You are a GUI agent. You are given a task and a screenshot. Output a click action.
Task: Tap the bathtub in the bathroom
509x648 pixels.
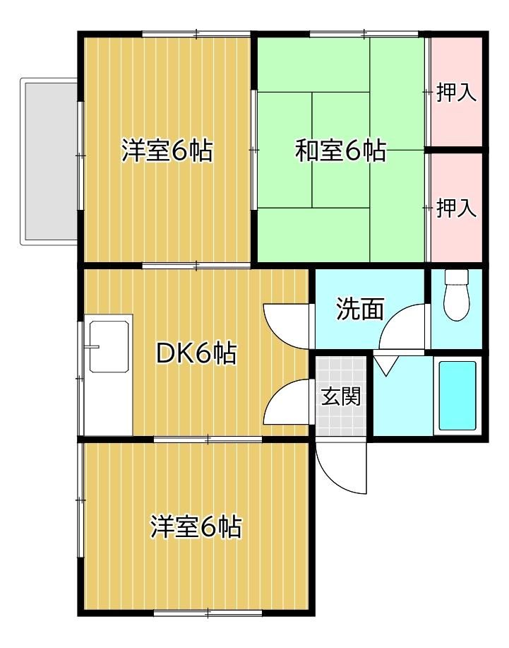457,396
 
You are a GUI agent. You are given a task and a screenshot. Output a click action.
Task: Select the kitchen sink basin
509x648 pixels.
109,346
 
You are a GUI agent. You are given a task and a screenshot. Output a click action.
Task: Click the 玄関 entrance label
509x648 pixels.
340,396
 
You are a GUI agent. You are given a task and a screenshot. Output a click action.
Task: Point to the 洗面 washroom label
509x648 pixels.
360,309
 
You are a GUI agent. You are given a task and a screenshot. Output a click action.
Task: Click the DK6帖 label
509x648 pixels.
196,353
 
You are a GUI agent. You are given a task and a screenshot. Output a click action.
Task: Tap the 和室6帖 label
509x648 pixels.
340,151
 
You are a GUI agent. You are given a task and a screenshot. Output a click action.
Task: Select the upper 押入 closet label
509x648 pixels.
456,92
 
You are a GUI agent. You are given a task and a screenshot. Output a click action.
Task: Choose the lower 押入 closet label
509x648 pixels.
456,208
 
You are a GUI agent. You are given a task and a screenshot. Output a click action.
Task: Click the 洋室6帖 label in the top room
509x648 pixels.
167,151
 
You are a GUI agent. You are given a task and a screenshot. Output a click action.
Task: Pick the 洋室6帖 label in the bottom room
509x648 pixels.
196,526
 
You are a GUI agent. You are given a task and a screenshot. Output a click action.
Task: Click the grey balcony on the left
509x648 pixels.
49,161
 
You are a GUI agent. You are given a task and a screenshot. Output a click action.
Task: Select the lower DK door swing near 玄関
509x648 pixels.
287,401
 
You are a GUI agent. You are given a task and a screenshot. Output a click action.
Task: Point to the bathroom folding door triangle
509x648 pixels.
385,365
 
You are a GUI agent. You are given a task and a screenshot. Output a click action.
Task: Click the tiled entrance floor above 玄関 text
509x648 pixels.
340,371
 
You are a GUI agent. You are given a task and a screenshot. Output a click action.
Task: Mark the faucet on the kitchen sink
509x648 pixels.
94,346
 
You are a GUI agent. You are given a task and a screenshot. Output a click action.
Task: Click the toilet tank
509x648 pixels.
456,276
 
